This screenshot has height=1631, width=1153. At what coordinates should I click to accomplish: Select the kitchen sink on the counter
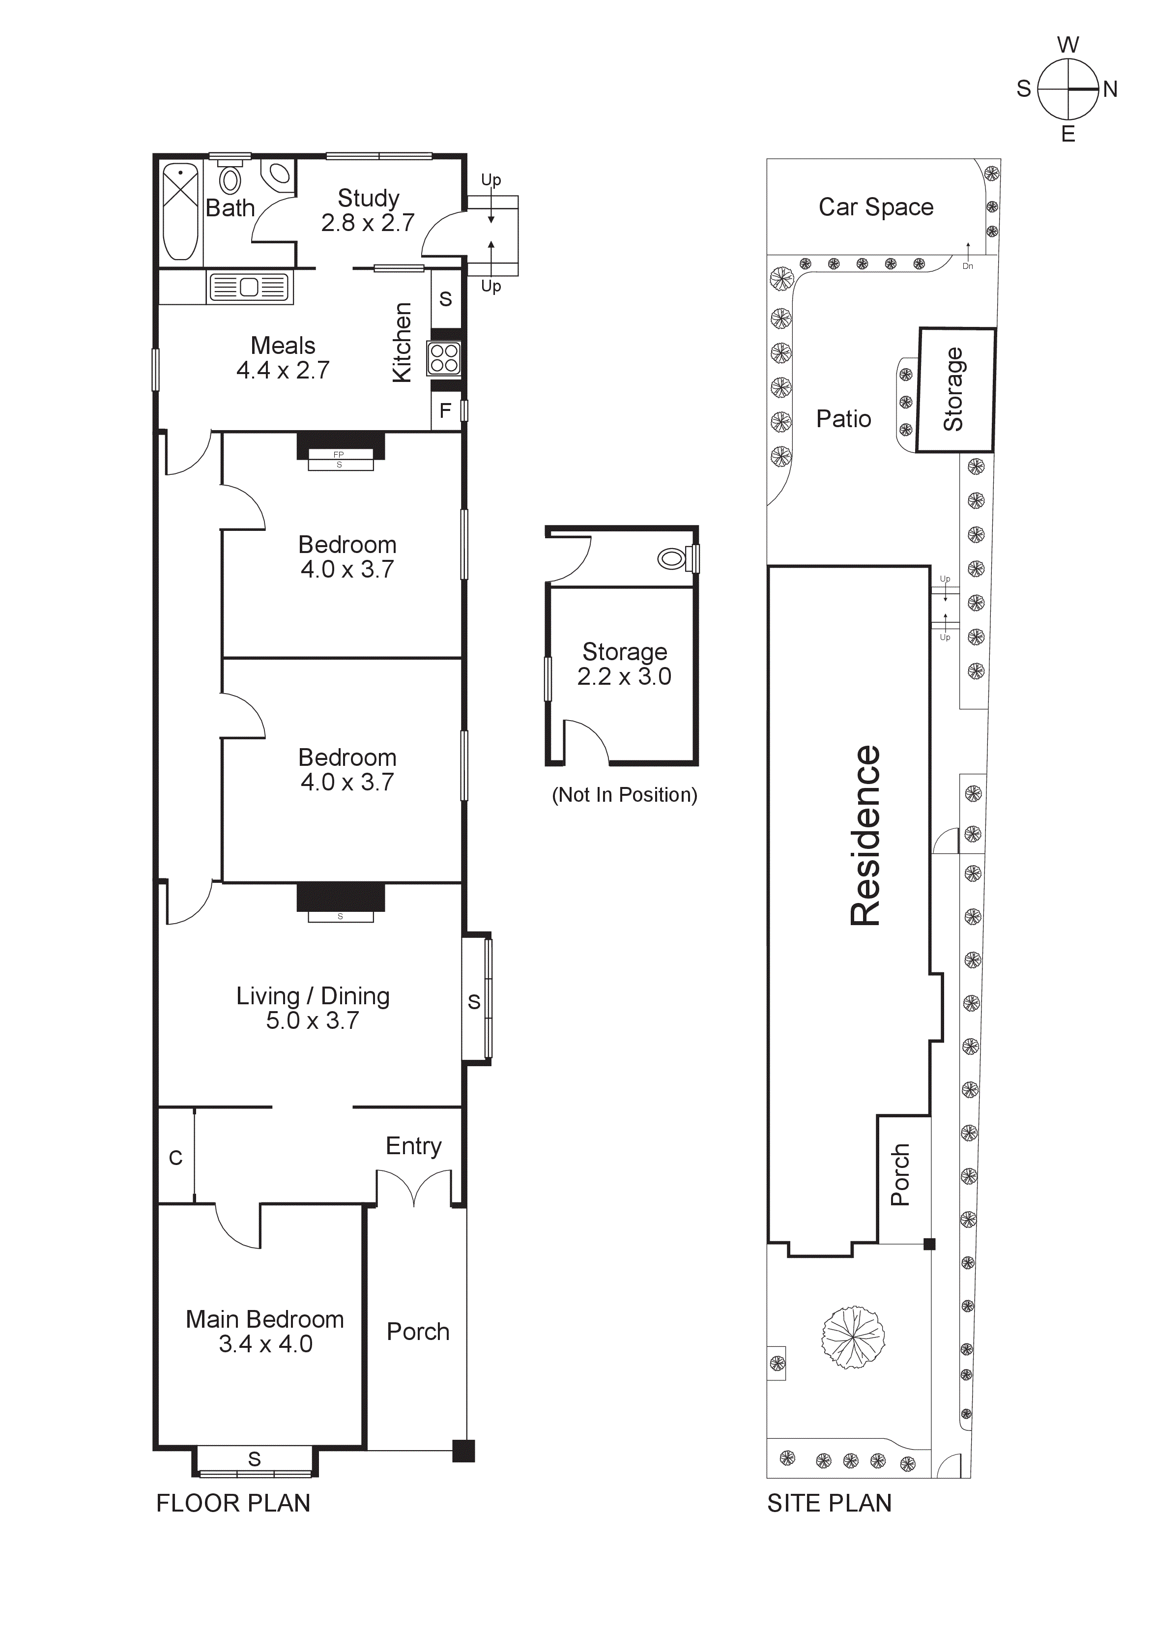249,288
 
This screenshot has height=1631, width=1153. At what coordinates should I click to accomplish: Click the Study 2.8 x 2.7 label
368,210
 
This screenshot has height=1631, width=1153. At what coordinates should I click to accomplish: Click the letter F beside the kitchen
445,410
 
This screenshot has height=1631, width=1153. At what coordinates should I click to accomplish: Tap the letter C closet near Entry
175,1158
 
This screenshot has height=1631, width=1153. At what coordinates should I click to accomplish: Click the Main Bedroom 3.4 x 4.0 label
265,1331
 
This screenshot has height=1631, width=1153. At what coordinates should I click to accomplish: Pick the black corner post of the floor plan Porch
463,1451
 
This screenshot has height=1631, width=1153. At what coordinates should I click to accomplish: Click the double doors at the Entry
413,1188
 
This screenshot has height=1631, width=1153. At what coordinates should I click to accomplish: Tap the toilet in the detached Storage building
671,558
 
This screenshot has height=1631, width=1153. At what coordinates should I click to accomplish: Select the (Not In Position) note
625,794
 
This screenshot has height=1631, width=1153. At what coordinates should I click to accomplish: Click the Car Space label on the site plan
876,207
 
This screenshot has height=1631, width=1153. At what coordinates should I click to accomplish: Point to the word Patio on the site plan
843,418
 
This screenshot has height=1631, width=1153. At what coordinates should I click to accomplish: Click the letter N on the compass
1110,89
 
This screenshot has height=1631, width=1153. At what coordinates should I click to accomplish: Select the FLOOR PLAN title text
233,1503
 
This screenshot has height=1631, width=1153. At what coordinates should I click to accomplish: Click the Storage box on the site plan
955,389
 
